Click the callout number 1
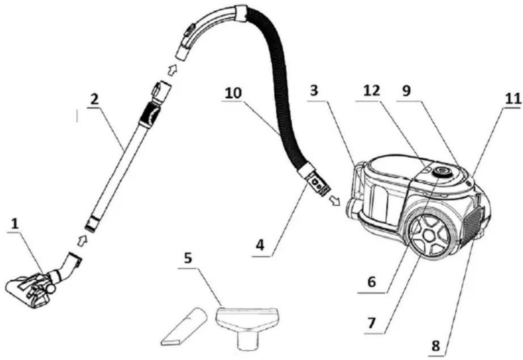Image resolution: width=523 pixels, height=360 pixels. pyautogui.click(x=15, y=225)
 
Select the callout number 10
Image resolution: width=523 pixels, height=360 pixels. pyautogui.click(x=233, y=93)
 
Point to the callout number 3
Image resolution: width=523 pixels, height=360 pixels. pyautogui.click(x=314, y=91)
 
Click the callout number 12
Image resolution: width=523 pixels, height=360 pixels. pyautogui.click(x=372, y=91)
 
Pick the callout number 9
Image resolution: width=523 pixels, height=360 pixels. pyautogui.click(x=406, y=91)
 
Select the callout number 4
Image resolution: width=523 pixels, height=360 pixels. pyautogui.click(x=260, y=245)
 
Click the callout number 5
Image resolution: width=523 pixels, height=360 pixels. pyautogui.click(x=188, y=258)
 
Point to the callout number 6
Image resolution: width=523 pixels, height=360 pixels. pyautogui.click(x=372, y=282)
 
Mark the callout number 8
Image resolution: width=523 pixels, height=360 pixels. pyautogui.click(x=436, y=346)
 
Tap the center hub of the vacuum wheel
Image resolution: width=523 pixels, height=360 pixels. pyautogui.click(x=429, y=236)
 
